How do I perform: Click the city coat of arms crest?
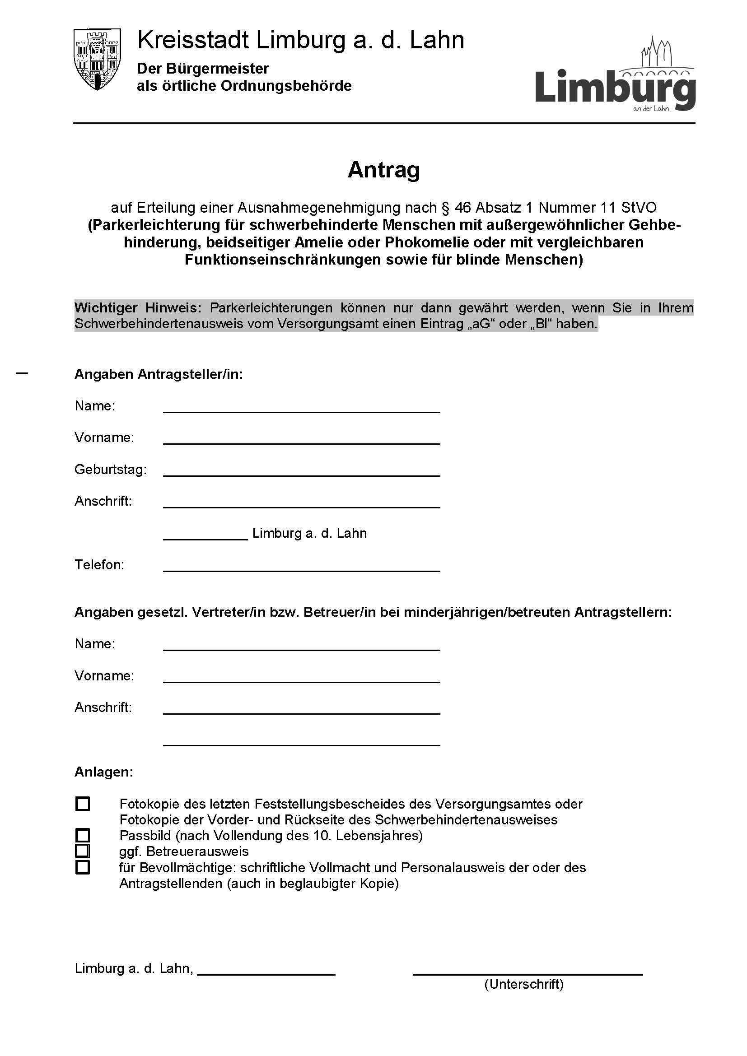(x=97, y=59)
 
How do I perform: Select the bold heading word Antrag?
(x=383, y=170)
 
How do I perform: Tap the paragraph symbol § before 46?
(x=445, y=208)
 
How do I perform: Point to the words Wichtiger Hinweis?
(x=138, y=307)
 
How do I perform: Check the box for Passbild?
(x=83, y=835)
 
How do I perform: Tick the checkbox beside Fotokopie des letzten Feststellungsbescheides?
(x=83, y=804)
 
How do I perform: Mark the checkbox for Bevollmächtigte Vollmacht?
(x=83, y=867)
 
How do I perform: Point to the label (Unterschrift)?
(x=523, y=984)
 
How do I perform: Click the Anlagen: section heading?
(x=104, y=772)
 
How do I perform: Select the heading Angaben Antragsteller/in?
(x=159, y=374)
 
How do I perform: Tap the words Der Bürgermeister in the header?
(x=203, y=69)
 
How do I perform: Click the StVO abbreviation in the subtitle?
(x=639, y=208)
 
